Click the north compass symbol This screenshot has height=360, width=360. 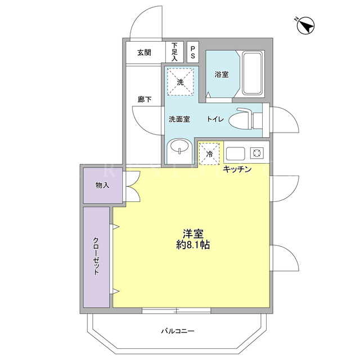click(305, 26)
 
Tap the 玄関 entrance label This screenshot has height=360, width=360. click(144, 52)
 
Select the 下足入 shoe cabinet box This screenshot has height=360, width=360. click(175, 52)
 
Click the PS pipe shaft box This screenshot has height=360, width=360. click(192, 52)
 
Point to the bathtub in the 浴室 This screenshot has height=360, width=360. click(253, 73)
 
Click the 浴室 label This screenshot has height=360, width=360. click(222, 74)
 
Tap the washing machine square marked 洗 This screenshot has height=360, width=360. click(180, 82)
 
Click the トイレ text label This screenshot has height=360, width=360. click(215, 119)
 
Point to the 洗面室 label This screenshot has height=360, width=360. click(179, 119)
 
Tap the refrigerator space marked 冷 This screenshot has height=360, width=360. click(209, 154)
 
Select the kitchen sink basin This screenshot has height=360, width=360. click(236, 154)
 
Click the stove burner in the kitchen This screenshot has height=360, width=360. click(256, 153)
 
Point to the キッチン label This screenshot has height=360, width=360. click(237, 169)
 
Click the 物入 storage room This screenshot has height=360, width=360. click(102, 186)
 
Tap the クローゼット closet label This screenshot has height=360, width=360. click(96, 256)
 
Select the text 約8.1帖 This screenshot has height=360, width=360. click(193, 245)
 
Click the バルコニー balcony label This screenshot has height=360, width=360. click(178, 331)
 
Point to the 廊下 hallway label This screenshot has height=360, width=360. click(145, 100)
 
